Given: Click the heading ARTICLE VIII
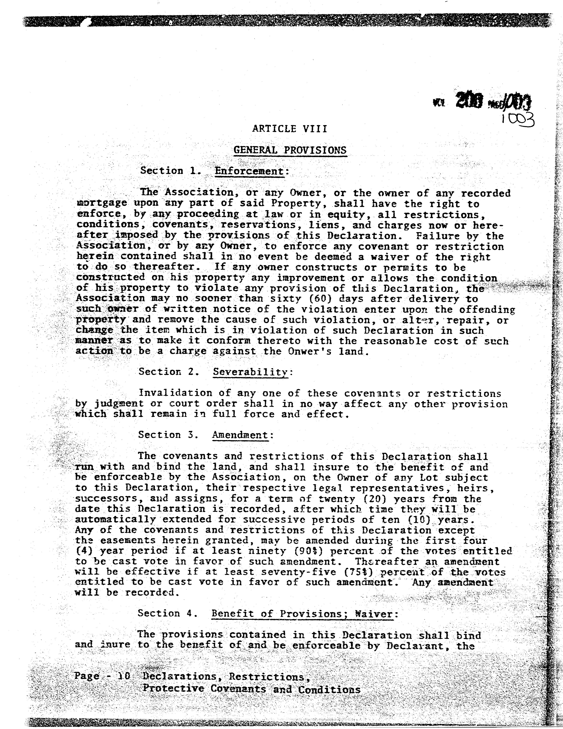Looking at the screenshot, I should tap(289, 129).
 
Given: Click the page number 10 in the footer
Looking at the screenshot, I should tap(121, 676).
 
